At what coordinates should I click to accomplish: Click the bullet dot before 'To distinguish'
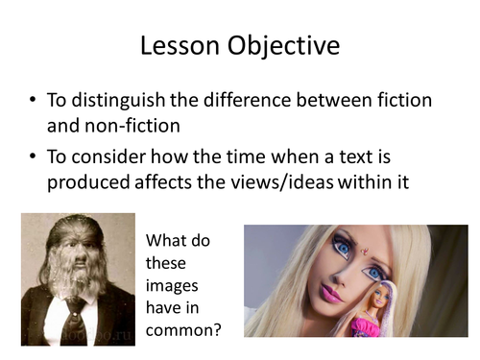pos(35,101)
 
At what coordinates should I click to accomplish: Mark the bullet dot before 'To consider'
pos(35,156)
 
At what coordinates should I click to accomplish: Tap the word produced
pos(86,181)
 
